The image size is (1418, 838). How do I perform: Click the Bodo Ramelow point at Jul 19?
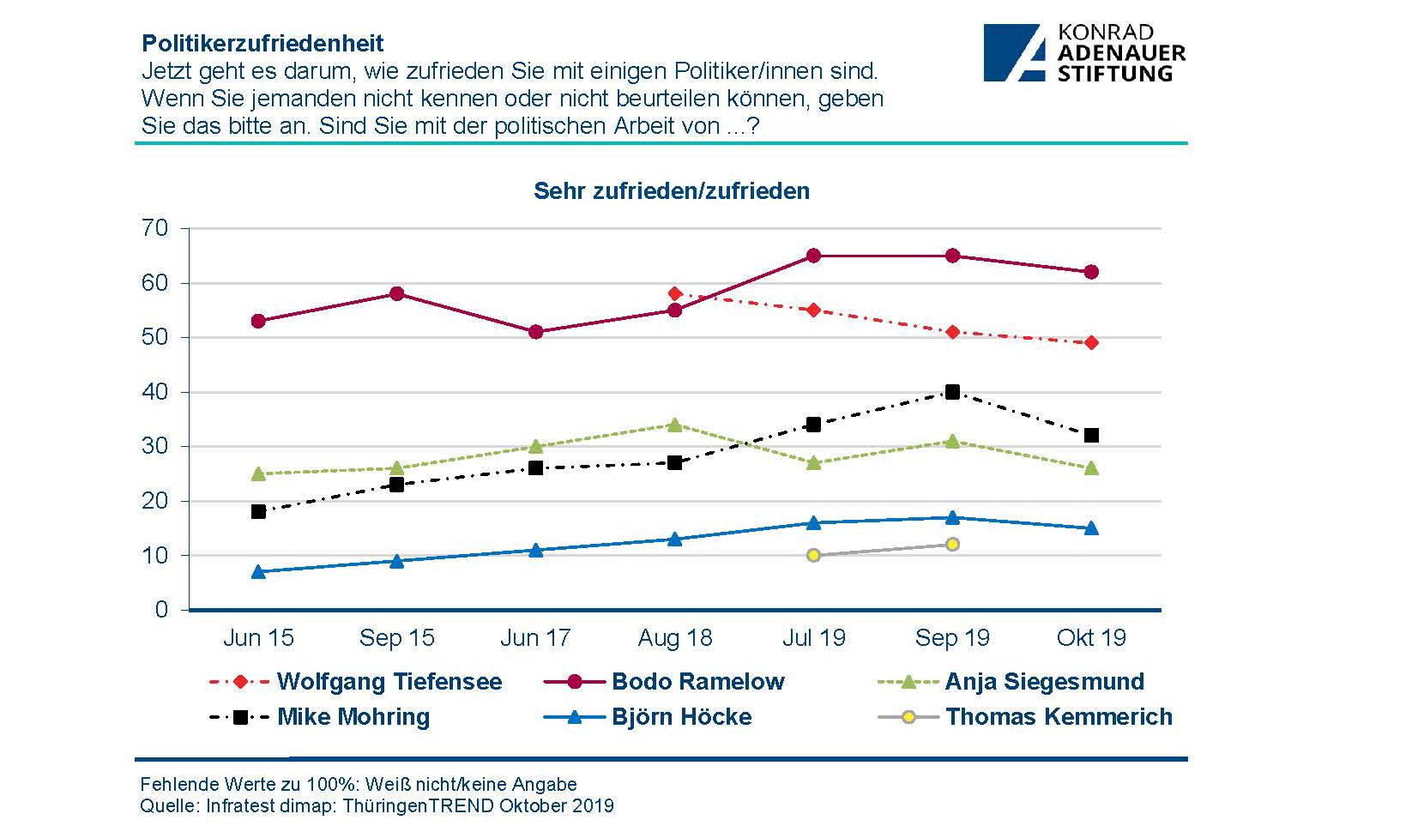click(x=813, y=256)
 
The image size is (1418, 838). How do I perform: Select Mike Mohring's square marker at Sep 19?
click(x=952, y=392)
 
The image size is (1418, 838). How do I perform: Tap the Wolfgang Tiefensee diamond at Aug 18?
click(x=674, y=294)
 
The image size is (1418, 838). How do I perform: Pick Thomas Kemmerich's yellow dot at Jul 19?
click(x=813, y=556)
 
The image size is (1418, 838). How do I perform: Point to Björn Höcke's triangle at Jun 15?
click(x=258, y=571)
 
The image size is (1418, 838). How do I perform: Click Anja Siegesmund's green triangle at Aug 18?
click(x=674, y=425)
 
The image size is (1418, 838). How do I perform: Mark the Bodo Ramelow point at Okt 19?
click(x=1091, y=272)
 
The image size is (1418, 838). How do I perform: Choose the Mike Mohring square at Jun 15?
click(x=258, y=511)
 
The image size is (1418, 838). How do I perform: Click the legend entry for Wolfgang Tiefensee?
click(x=389, y=682)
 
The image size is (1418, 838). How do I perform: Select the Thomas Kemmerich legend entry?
click(x=1058, y=716)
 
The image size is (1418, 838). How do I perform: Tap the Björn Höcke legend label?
click(x=681, y=716)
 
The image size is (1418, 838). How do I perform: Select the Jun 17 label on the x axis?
click(x=535, y=638)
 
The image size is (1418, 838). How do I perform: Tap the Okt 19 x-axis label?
click(x=1091, y=638)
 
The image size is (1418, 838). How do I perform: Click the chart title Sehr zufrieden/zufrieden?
click(x=671, y=190)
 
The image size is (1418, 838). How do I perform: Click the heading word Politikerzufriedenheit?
click(x=262, y=43)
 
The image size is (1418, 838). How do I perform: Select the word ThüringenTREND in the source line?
click(x=418, y=806)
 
